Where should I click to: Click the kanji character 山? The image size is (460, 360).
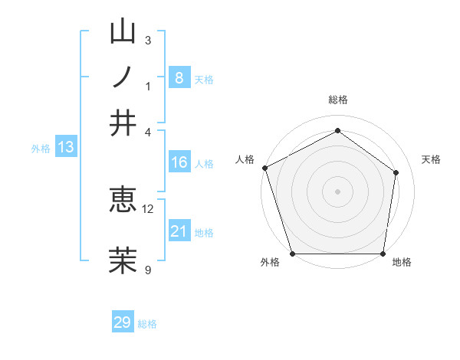pyautogui.click(x=123, y=34)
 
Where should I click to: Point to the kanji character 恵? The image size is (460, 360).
pyautogui.click(x=123, y=202)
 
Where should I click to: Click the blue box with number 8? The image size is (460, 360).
pyautogui.click(x=179, y=77)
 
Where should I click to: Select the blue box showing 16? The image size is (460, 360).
pyautogui.click(x=179, y=162)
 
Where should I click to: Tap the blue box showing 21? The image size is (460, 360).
pyautogui.click(x=179, y=231)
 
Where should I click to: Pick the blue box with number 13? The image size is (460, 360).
pyautogui.click(x=65, y=148)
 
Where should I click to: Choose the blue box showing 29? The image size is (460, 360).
pyautogui.click(x=123, y=322)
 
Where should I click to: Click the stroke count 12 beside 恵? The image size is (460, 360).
pyautogui.click(x=148, y=208)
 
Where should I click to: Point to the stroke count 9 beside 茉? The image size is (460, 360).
pyautogui.click(x=147, y=269)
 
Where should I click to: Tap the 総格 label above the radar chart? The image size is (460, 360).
pyautogui.click(x=337, y=100)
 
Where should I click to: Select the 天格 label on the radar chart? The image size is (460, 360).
pyautogui.click(x=432, y=159)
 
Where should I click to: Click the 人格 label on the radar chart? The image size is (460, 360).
pyautogui.click(x=245, y=159)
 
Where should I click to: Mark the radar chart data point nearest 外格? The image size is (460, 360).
pyautogui.click(x=293, y=254)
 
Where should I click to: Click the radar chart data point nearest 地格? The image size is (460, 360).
pyautogui.click(x=383, y=254)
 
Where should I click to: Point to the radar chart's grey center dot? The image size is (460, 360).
pyautogui.click(x=337, y=191)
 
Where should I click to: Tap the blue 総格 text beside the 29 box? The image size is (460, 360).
pyautogui.click(x=148, y=324)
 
